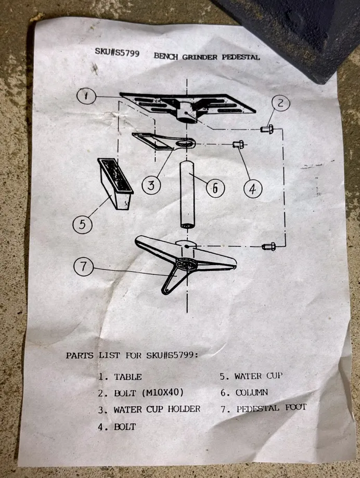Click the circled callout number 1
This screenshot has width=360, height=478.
click(x=86, y=96)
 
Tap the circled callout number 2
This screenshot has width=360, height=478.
click(x=280, y=104)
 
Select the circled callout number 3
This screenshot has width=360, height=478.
click(x=151, y=185)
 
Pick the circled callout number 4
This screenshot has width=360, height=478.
click(x=253, y=189)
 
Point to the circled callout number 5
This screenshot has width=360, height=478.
click(x=82, y=224)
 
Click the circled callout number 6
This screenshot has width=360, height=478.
click(x=215, y=188)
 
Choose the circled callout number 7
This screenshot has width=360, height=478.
click(x=83, y=266)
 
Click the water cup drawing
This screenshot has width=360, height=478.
click(x=115, y=184)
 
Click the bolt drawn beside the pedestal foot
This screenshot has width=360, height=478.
click(x=268, y=246)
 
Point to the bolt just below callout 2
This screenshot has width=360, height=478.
click(x=267, y=129)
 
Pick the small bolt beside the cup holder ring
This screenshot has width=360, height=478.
click(x=238, y=144)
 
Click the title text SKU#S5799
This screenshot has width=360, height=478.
click(x=117, y=53)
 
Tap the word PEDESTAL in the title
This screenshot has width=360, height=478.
click(x=240, y=57)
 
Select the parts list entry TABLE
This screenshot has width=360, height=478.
click(x=128, y=377)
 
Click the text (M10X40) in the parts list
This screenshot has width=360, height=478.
click(x=163, y=392)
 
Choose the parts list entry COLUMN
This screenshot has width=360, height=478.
click(x=252, y=393)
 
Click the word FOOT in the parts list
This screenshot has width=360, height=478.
click(x=295, y=407)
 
